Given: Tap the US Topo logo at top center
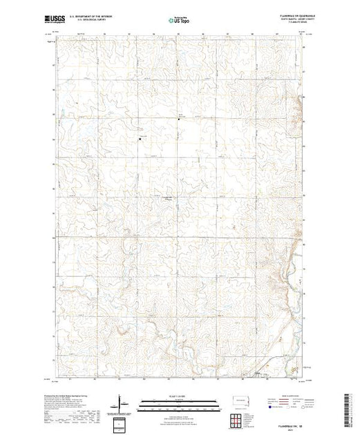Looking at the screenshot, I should pos(180,21).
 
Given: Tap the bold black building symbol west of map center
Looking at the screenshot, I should pos(140,139).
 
